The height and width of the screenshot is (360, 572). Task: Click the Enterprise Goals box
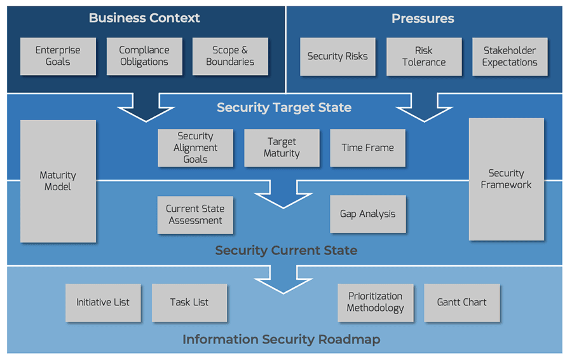click(58, 56)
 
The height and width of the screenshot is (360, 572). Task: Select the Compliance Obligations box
click(144, 56)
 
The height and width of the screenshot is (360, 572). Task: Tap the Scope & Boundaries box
click(230, 56)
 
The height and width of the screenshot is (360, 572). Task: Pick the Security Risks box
click(337, 57)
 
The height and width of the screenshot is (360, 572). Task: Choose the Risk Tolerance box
click(424, 57)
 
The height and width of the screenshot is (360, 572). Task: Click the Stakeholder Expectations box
click(510, 57)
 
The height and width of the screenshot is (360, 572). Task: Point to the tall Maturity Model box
click(58, 181)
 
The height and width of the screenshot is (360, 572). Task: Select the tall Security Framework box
click(507, 179)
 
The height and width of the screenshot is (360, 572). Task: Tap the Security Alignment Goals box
click(196, 148)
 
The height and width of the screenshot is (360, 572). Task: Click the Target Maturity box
click(282, 148)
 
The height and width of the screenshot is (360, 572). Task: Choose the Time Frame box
click(367, 148)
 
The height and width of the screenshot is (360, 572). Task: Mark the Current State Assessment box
click(195, 214)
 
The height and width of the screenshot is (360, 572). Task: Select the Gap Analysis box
click(367, 214)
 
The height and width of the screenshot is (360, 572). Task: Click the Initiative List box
click(103, 302)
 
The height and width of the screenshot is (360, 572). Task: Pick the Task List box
click(189, 302)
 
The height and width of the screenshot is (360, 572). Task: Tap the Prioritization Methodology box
click(375, 302)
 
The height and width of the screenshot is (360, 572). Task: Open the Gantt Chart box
click(461, 302)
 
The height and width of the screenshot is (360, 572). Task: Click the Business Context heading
click(144, 18)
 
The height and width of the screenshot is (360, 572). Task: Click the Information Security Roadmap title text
click(282, 339)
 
